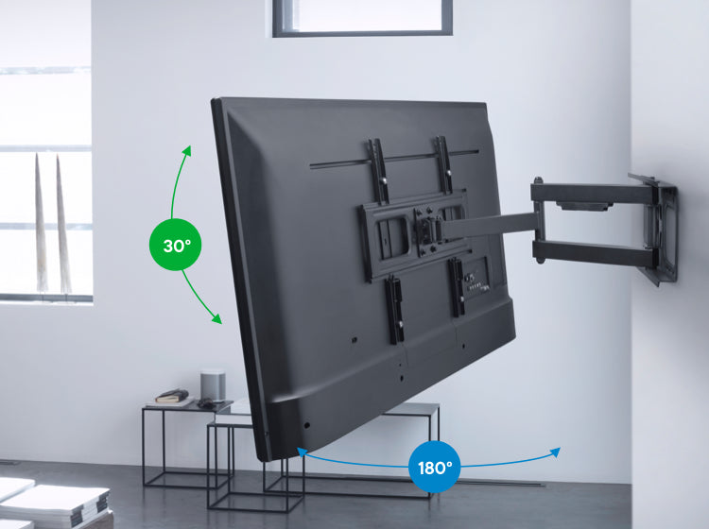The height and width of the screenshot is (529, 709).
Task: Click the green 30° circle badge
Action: pos(176,245)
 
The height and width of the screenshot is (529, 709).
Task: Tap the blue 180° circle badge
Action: pos(435,467)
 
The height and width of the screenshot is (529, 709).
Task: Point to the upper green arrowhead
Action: pos(187,150)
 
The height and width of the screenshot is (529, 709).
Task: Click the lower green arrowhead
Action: pos(216,318)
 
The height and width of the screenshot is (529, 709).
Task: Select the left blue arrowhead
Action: pos(303,452)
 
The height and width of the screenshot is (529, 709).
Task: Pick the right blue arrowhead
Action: pos(555,452)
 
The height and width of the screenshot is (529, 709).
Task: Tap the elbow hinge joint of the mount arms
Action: pos(538,220)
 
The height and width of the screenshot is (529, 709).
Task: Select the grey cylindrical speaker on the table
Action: pos(213,385)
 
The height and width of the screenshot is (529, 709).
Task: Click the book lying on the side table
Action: pos(172,396)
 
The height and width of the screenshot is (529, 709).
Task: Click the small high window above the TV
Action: pos(362,18)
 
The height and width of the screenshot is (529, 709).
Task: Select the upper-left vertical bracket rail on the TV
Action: pos(378,171)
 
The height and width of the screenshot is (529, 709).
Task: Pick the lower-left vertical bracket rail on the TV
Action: pos(395,311)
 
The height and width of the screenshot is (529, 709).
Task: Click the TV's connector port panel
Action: pos(476,281)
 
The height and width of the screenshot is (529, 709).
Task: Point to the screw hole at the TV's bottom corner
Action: pos(307,425)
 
